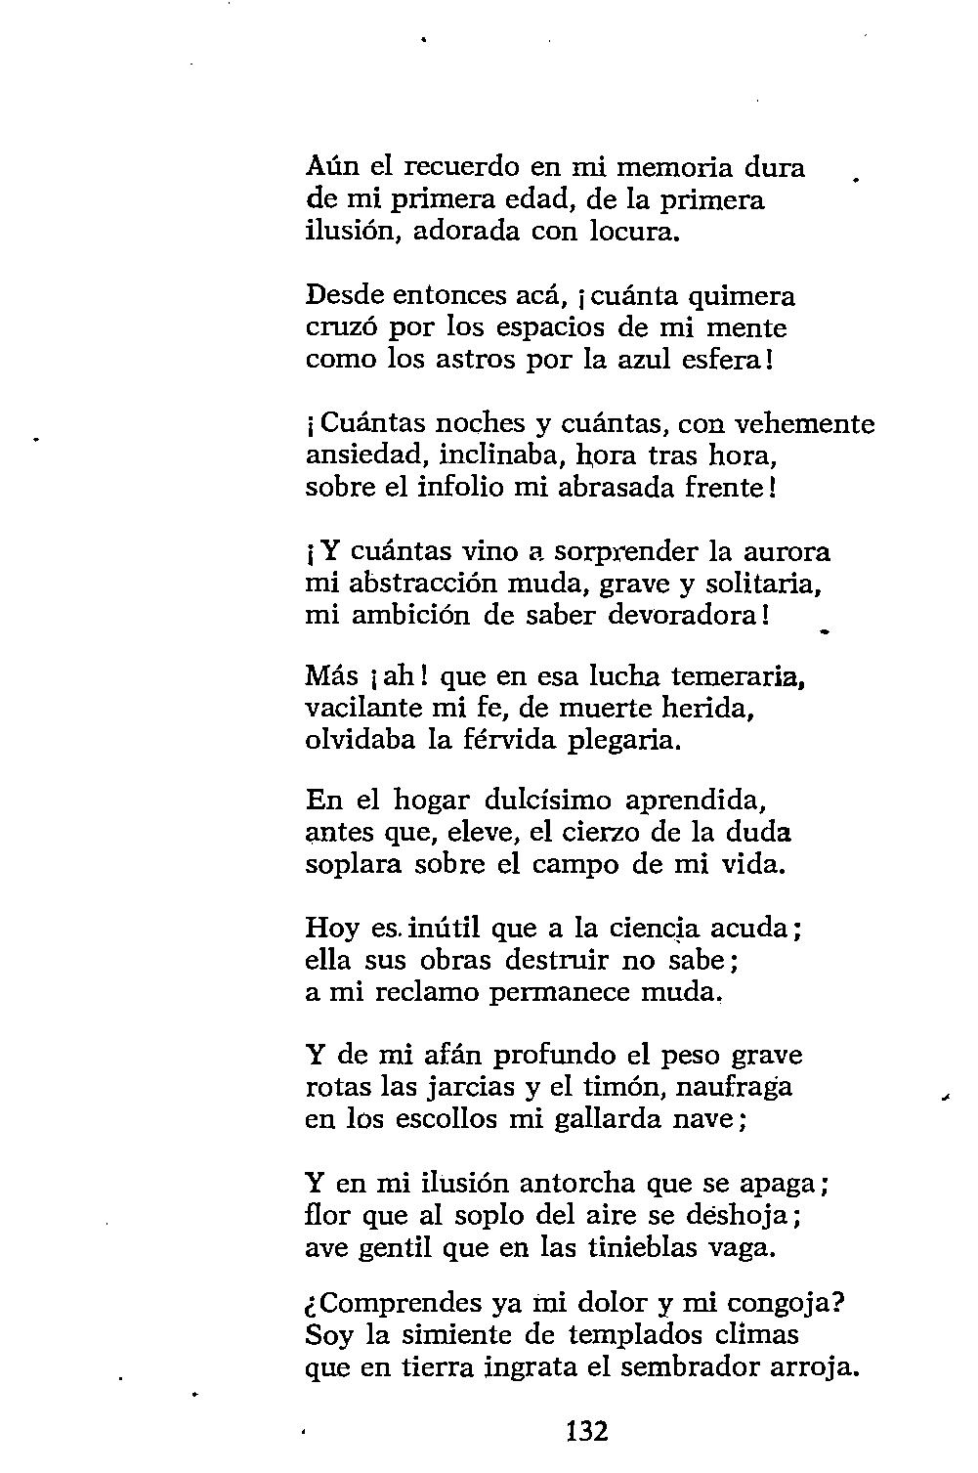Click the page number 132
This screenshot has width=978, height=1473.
(x=587, y=1432)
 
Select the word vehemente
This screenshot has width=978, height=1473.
(x=804, y=424)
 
